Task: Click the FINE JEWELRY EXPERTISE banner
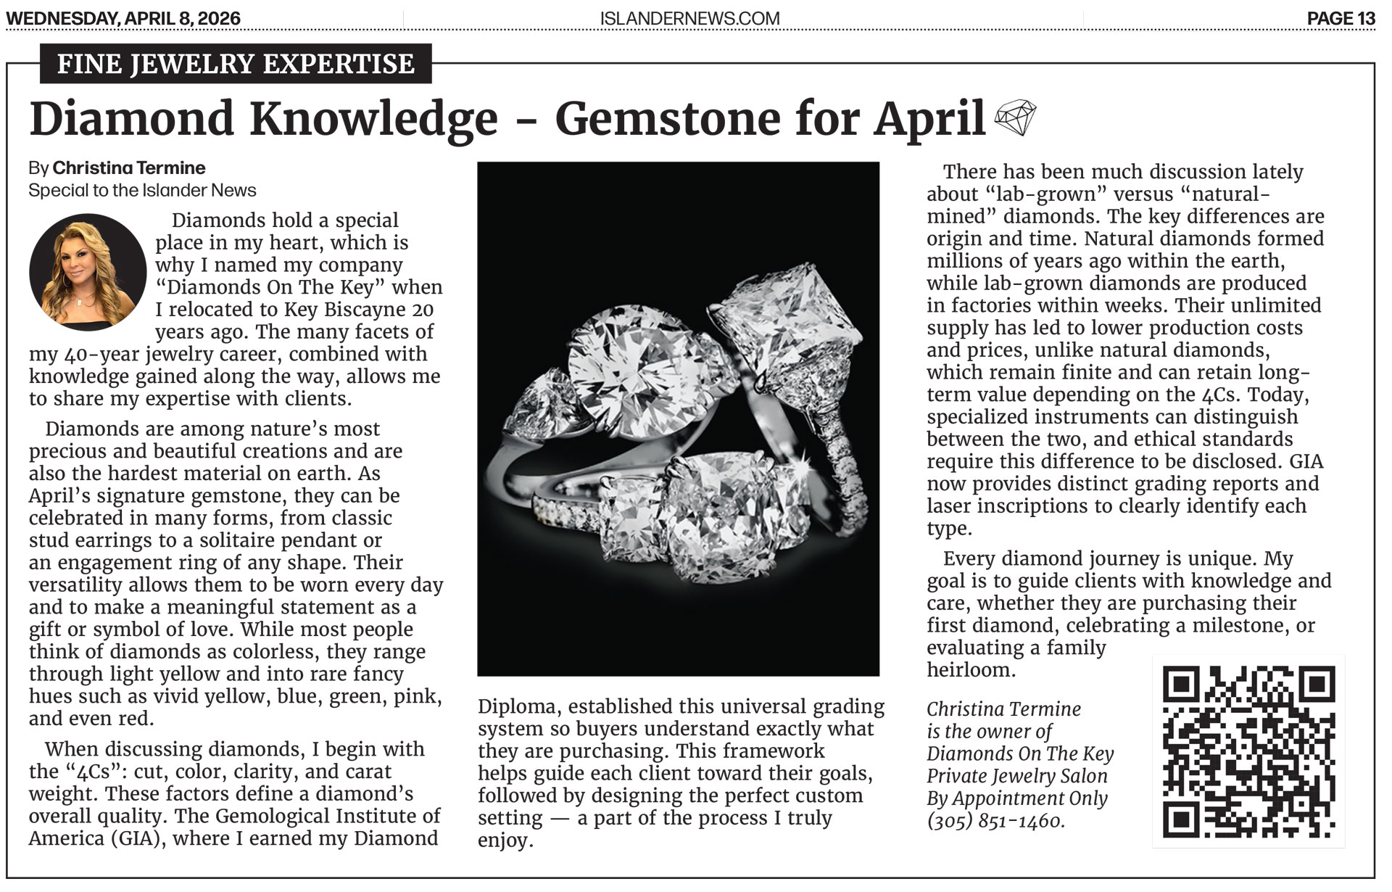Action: pyautogui.click(x=236, y=64)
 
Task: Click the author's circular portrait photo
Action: pyautogui.click(x=88, y=272)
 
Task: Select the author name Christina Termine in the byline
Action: pyautogui.click(x=129, y=168)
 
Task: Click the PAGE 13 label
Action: pyautogui.click(x=1341, y=18)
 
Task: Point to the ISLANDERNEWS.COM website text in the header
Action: pyautogui.click(x=689, y=18)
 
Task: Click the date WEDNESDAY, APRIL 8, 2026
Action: pyautogui.click(x=123, y=18)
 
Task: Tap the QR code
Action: pyautogui.click(x=1248, y=751)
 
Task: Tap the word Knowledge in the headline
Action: pyautogui.click(x=374, y=119)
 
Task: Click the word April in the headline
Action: pyautogui.click(x=929, y=119)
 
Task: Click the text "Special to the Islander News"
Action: pyautogui.click(x=142, y=191)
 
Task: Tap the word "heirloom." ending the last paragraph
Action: pyautogui.click(x=971, y=669)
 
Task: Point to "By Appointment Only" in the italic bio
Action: pyautogui.click(x=1016, y=798)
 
